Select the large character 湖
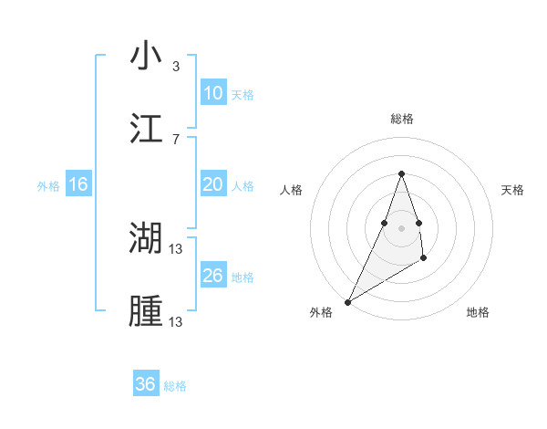[146, 238]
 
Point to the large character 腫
[146, 311]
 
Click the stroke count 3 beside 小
[176, 66]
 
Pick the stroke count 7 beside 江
[176, 139]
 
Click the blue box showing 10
[212, 93]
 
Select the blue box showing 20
[212, 184]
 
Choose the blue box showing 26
[212, 276]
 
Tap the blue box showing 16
[78, 184]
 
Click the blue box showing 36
[146, 384]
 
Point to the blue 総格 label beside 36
[175, 386]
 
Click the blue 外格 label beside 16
[48, 186]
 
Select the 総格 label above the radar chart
[401, 119]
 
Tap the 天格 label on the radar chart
[512, 190]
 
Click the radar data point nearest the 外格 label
[347, 302]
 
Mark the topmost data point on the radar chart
[401, 173]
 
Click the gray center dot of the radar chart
[401, 227]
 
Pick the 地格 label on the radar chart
[478, 312]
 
